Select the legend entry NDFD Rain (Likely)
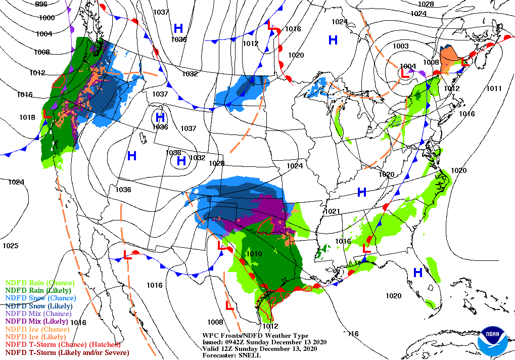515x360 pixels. point(38,291)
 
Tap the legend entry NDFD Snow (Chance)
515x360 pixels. point(40,298)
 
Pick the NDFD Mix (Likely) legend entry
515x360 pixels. point(37,322)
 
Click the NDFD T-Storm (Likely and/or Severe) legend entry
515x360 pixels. point(67,352)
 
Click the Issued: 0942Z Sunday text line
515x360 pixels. point(264,342)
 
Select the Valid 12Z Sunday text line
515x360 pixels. point(260,349)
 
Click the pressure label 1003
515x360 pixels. point(400,47)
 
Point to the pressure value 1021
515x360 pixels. point(332,211)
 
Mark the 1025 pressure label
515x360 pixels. point(10,246)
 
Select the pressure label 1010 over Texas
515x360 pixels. point(254,254)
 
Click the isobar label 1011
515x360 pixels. point(494,89)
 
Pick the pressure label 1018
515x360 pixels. point(27,117)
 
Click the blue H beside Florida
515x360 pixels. point(417,273)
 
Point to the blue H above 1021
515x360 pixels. point(362,192)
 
